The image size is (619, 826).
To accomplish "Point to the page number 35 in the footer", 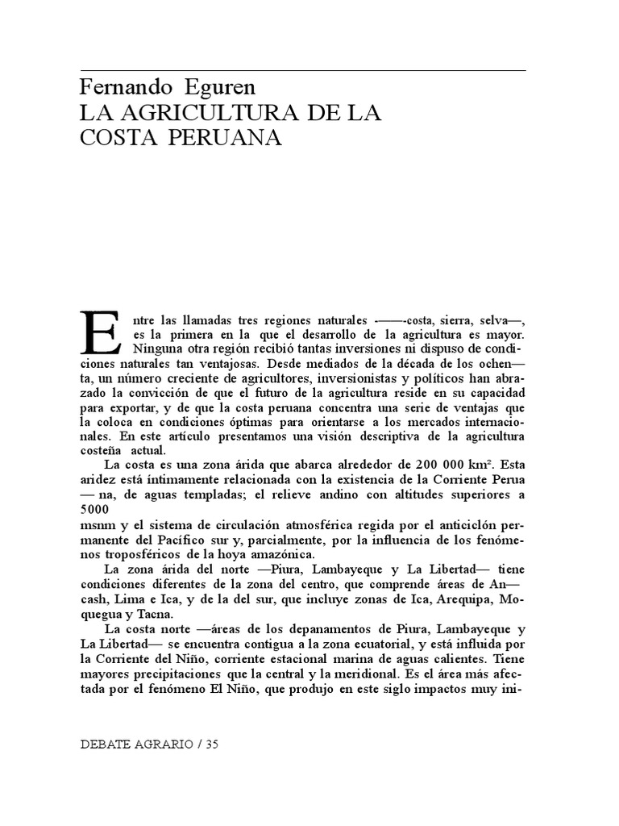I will tap(212, 745).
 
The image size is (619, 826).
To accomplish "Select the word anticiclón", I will tap(455, 526).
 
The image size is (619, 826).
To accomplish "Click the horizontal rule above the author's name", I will tap(303, 70).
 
